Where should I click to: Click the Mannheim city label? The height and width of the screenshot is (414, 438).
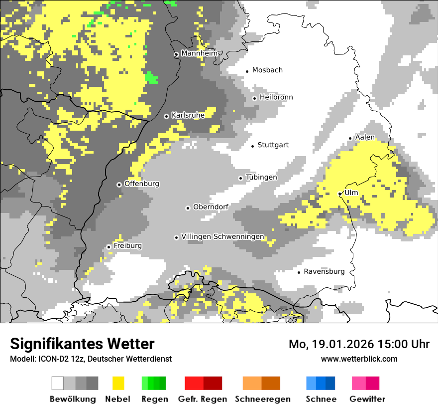[x=199, y=53]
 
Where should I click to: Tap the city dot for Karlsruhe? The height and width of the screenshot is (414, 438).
[x=167, y=116]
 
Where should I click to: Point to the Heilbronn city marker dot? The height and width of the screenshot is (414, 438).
[x=254, y=98]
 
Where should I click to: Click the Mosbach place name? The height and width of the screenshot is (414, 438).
[x=267, y=70]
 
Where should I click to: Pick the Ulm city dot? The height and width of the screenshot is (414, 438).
[x=340, y=194]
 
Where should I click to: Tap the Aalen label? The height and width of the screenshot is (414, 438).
[x=365, y=137]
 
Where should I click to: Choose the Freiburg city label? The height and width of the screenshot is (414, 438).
[x=127, y=246]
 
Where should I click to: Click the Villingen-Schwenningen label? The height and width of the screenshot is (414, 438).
[x=222, y=237]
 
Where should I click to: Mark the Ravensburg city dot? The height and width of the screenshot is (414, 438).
[x=299, y=272]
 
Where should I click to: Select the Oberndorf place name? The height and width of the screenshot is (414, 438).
[x=211, y=207]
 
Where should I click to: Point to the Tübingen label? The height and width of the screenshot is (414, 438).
[x=261, y=178]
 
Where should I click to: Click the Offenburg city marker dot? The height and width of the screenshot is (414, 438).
[x=119, y=185]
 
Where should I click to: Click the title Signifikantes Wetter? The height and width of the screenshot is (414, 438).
[x=82, y=344]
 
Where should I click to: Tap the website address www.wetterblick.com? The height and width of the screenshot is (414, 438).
[x=359, y=359]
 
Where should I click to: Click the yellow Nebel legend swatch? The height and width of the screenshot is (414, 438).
[x=118, y=383]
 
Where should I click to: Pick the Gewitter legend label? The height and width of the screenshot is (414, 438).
[x=367, y=399]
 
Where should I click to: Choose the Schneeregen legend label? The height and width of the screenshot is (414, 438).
[x=262, y=399]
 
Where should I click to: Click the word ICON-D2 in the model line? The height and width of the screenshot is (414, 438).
[x=51, y=359]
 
